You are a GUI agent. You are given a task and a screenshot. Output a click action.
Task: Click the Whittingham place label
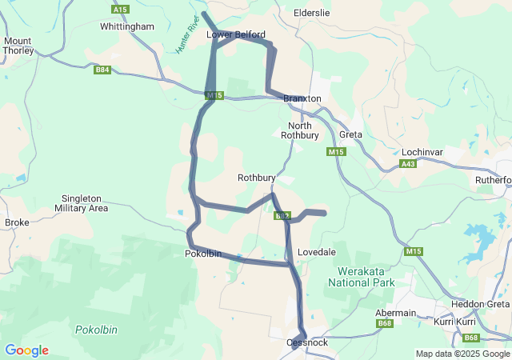[x=127, y=26]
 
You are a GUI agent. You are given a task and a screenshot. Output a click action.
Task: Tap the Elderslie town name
[x=312, y=14]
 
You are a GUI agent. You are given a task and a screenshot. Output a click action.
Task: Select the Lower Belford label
[x=235, y=35]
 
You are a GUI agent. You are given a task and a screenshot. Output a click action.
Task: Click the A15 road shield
[x=120, y=9]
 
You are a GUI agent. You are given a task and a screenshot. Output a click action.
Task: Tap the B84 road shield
[x=102, y=70]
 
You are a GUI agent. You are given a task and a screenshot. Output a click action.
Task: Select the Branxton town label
[x=302, y=98]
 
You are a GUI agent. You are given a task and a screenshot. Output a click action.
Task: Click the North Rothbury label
[x=300, y=130]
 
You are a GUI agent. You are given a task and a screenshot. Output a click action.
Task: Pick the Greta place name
[x=350, y=134]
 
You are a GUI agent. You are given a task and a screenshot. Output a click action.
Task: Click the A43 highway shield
[x=408, y=164]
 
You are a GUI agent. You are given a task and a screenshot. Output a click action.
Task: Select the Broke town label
[x=17, y=222]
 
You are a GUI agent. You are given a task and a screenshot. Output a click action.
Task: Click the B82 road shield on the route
[x=282, y=216]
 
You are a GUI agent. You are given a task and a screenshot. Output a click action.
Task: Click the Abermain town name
[x=396, y=313]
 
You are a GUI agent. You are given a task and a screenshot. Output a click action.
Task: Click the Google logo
[x=26, y=350]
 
